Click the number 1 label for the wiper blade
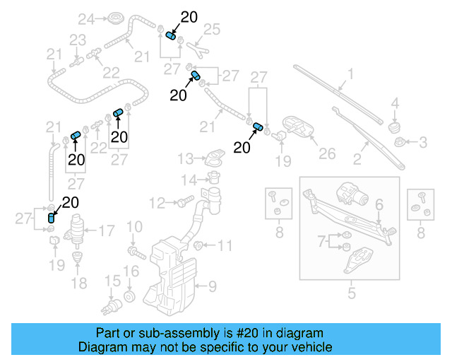click(x=350, y=73)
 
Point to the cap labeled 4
click(x=395, y=125)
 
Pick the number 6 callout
click(x=379, y=204)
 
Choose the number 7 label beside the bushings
click(x=323, y=242)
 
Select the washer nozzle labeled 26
click(x=300, y=129)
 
